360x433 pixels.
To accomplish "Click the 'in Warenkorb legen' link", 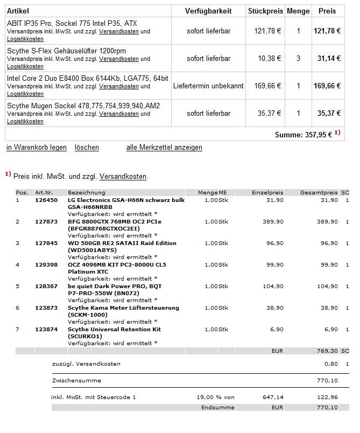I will pyautogui.click(x=37, y=148).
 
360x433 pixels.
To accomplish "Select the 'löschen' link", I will pyautogui.click(x=87, y=148).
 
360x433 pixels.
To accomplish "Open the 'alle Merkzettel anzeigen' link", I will pyautogui.click(x=164, y=148).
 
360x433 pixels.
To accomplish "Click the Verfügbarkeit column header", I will pyautogui.click(x=208, y=11).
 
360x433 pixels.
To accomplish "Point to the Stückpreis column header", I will pyautogui.click(x=265, y=11).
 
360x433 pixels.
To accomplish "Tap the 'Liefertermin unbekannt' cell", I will pyautogui.click(x=208, y=86).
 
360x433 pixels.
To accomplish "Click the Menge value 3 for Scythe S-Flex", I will pyautogui.click(x=298, y=58).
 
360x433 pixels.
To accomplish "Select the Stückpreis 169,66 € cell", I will pyautogui.click(x=267, y=86).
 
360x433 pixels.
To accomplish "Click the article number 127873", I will pyautogui.click(x=46, y=222).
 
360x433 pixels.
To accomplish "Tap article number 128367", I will pyautogui.click(x=46, y=287).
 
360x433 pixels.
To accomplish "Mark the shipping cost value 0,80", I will pyautogui.click(x=331, y=364).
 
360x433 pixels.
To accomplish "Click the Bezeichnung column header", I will pyautogui.click(x=87, y=193).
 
